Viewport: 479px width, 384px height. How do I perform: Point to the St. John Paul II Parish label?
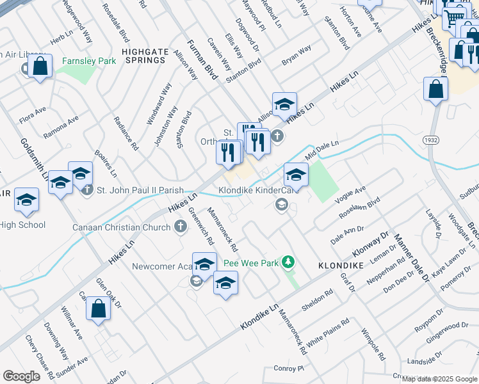pos(140,190)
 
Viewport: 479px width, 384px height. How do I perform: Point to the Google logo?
pos(21,376)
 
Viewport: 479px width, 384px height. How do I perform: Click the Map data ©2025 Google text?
pos(439,379)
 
